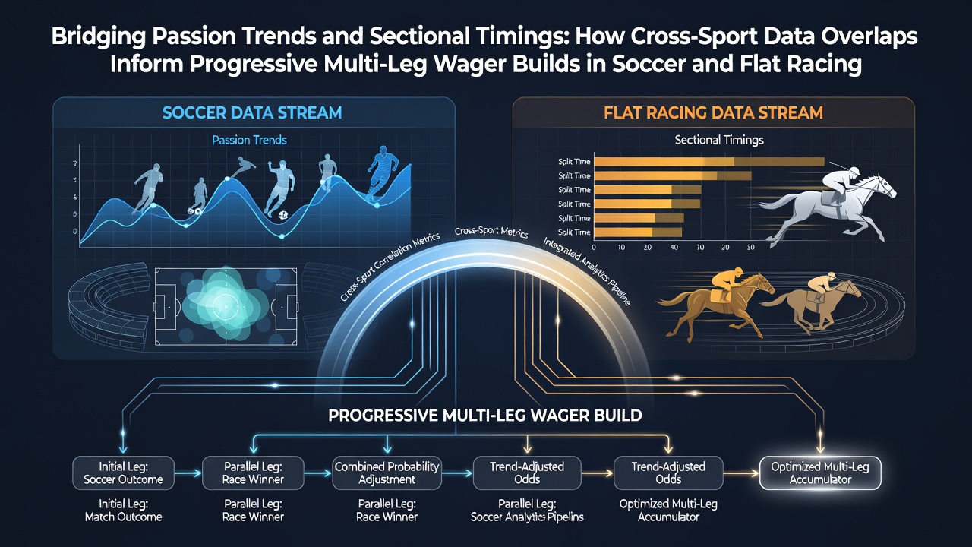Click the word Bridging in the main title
pos(99,37)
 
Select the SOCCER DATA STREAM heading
pos(252,113)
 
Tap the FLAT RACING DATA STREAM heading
pos(713,113)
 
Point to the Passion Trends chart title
pos(249,140)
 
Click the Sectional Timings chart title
pos(719,140)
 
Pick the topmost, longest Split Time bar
pos(709,162)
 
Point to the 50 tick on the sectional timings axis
pos(751,248)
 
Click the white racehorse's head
pos(885,187)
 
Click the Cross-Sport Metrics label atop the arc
pos(491,232)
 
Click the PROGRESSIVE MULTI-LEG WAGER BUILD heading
pos(484,416)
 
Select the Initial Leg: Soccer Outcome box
pos(123,473)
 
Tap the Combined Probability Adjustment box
pos(387,473)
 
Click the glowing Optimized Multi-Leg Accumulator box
pos(820,473)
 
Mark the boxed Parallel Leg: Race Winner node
pos(253,473)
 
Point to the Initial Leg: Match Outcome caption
pos(123,510)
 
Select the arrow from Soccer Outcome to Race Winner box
pos(188,473)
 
